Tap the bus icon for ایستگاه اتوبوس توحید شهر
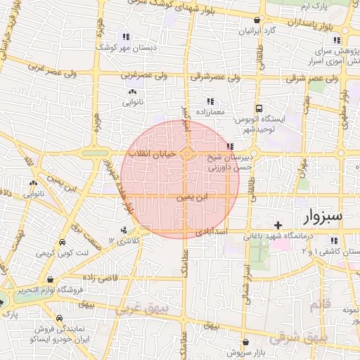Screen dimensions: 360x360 pos(259,109)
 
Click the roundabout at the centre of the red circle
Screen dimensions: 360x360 pos(187,153)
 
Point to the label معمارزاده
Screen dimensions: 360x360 pos(210,112)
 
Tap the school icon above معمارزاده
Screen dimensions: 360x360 pos(210,101)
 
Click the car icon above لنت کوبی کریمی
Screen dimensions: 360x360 pos(62,242)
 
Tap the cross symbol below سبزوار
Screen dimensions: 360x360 pos(279,225)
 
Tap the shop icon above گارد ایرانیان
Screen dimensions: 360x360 pos(259,20)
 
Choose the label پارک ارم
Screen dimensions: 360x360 pos(314,6)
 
